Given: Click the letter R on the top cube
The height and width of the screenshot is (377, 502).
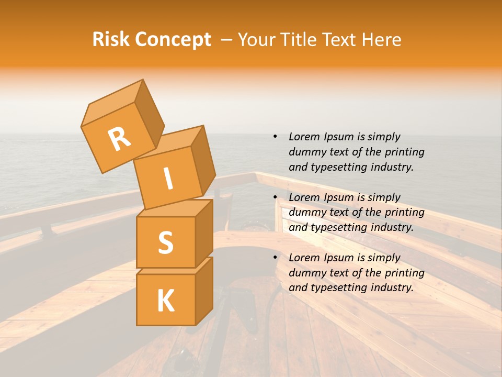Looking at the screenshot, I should (120, 139).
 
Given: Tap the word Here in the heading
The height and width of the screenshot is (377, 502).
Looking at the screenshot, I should (382, 40).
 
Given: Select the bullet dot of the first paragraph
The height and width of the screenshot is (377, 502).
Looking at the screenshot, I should (275, 137).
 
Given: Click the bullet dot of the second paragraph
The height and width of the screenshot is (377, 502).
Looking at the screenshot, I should (275, 197).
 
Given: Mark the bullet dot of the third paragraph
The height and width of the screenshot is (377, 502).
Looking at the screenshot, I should (275, 258).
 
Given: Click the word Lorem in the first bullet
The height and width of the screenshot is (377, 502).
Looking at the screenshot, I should (304, 137).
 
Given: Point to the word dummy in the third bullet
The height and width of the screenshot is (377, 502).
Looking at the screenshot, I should (305, 273).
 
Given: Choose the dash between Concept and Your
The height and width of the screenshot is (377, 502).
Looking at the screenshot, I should (227, 40).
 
